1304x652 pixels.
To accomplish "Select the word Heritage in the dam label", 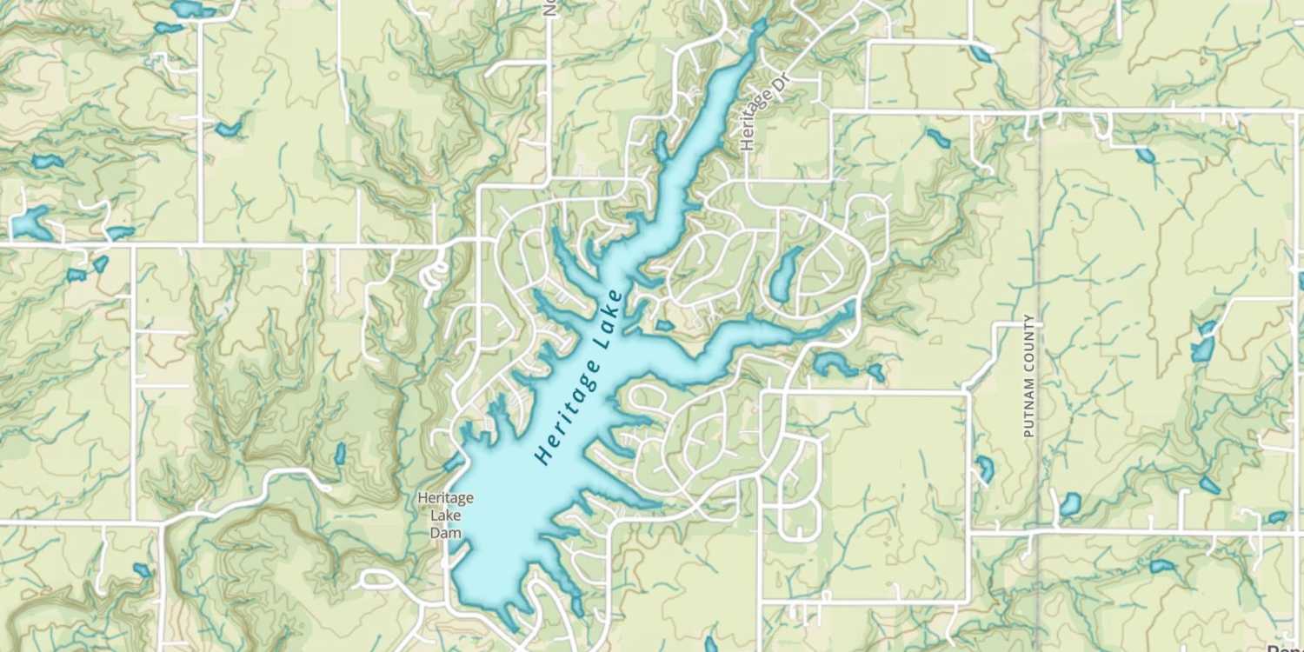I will click(x=445, y=498).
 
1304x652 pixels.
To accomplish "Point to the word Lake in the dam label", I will click(x=445, y=516).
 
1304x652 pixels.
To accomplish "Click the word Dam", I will click(x=445, y=533).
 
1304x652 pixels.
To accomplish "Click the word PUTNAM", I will click(x=1029, y=401).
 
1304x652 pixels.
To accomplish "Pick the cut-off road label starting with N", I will click(x=549, y=8).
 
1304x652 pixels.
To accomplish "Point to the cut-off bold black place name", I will click(x=1287, y=647).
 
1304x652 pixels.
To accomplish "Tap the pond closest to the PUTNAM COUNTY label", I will click(x=984, y=469).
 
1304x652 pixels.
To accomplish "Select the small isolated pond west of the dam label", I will click(x=340, y=454).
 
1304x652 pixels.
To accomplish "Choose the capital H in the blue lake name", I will click(x=544, y=456).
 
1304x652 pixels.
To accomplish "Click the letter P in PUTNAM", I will click(x=1029, y=431).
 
